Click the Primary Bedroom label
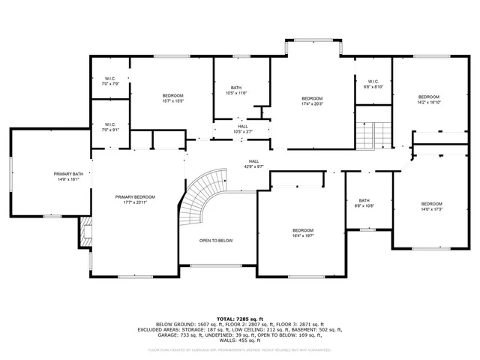click(x=135, y=197)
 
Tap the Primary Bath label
click(x=68, y=174)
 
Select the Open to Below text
click(x=216, y=241)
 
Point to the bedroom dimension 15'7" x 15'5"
click(x=173, y=100)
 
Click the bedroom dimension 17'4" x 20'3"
click(x=312, y=104)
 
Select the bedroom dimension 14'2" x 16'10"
click(x=429, y=101)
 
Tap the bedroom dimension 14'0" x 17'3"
click(x=431, y=208)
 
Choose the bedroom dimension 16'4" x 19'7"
click(x=303, y=235)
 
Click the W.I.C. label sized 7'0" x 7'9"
click(x=110, y=83)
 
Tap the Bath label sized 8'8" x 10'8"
click(x=364, y=205)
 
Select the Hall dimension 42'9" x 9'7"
click(x=254, y=166)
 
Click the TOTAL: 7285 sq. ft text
click(x=239, y=319)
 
